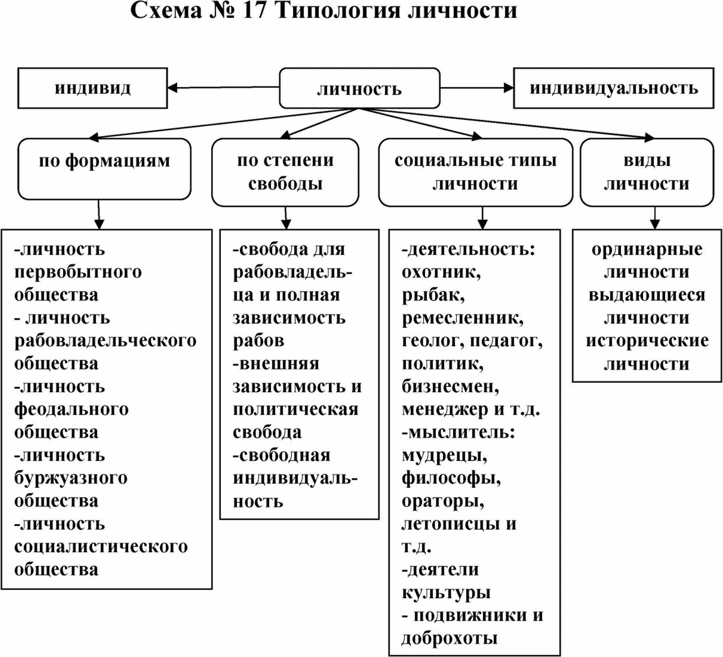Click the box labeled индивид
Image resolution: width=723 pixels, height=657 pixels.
point(92,88)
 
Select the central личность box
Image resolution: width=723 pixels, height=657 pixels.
point(359,88)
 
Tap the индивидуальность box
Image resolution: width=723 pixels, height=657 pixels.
point(613,88)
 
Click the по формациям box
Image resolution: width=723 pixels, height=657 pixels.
point(104,168)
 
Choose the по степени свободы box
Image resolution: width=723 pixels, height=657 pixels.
point(285,172)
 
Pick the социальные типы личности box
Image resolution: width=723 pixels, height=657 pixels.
point(475,172)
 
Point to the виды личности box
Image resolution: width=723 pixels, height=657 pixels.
point(647,172)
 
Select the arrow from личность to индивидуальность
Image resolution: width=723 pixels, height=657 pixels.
point(476,88)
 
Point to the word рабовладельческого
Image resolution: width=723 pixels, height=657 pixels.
point(105,341)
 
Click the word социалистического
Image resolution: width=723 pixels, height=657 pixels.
point(101,547)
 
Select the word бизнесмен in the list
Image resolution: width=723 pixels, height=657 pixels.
point(450,387)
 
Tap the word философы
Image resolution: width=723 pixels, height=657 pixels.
point(451,478)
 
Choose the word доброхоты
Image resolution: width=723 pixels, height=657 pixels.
point(449,638)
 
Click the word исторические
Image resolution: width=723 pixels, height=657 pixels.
point(647,341)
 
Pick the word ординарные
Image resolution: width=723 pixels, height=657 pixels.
point(647,249)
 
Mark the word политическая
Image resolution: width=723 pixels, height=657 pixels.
point(295,410)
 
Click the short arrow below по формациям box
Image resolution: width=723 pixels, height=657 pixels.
point(99,215)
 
